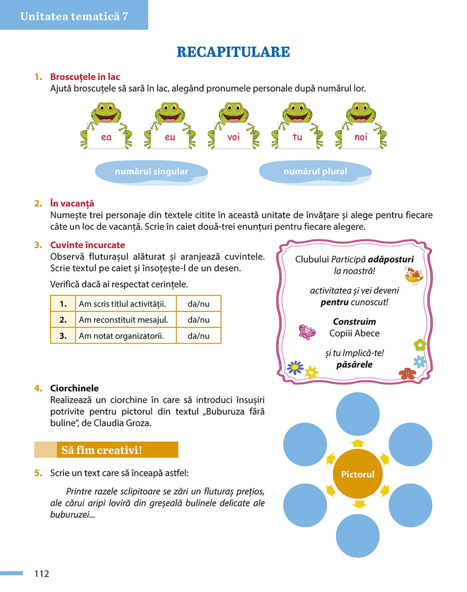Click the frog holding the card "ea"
point(106,125)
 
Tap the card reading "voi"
point(233,137)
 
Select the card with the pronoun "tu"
point(297,137)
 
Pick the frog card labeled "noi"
point(361,137)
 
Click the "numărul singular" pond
point(151,172)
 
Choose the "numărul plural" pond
point(315,172)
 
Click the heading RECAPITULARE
point(233,52)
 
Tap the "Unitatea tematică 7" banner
point(74,16)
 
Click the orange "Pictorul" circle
point(358,474)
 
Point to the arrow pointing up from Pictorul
point(358,443)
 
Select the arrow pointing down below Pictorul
point(359,504)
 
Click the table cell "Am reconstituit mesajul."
point(124,320)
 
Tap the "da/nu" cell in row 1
point(198,304)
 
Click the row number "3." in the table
point(63,336)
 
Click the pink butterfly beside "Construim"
point(307,331)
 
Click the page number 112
point(42,574)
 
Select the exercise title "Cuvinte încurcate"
point(88,245)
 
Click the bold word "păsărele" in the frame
point(354,365)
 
